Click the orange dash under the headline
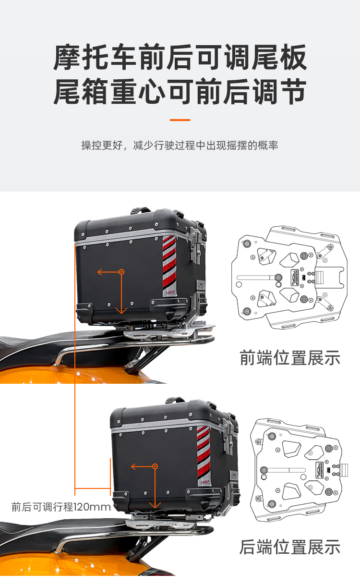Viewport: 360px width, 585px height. pos(180,120)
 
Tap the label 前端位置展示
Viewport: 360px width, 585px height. pos(290,358)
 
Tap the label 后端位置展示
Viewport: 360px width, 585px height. pos(290,547)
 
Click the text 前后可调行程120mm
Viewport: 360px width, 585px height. pos(61,507)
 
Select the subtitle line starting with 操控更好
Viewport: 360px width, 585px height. pos(180,145)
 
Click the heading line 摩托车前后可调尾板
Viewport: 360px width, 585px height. pos(180,57)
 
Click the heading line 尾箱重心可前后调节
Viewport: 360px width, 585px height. pos(180,91)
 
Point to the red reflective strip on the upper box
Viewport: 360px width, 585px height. pos(169,266)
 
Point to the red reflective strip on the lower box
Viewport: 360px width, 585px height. pos(204,456)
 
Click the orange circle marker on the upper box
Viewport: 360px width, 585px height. pos(121,272)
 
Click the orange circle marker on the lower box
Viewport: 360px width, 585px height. pos(155,466)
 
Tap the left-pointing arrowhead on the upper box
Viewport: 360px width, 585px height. pos(100,272)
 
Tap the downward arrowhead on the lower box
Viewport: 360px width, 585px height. pos(155,505)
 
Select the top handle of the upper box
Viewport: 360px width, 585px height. pos(141,210)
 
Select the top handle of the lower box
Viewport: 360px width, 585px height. pos(175,400)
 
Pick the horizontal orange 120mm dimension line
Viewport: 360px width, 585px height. pos(93,488)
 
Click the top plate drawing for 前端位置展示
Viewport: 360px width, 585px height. pos(289,277)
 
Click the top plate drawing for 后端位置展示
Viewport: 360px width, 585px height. pos(299,470)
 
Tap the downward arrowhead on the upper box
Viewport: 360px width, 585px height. pos(121,311)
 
